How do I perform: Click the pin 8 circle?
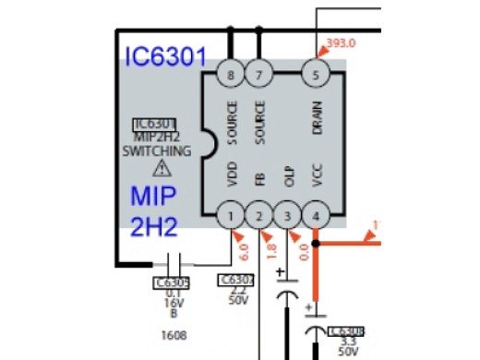[230, 74]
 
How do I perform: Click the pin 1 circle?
[230, 217]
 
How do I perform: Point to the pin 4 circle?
[316, 217]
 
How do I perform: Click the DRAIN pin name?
[317, 117]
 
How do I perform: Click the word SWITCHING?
[162, 150]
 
